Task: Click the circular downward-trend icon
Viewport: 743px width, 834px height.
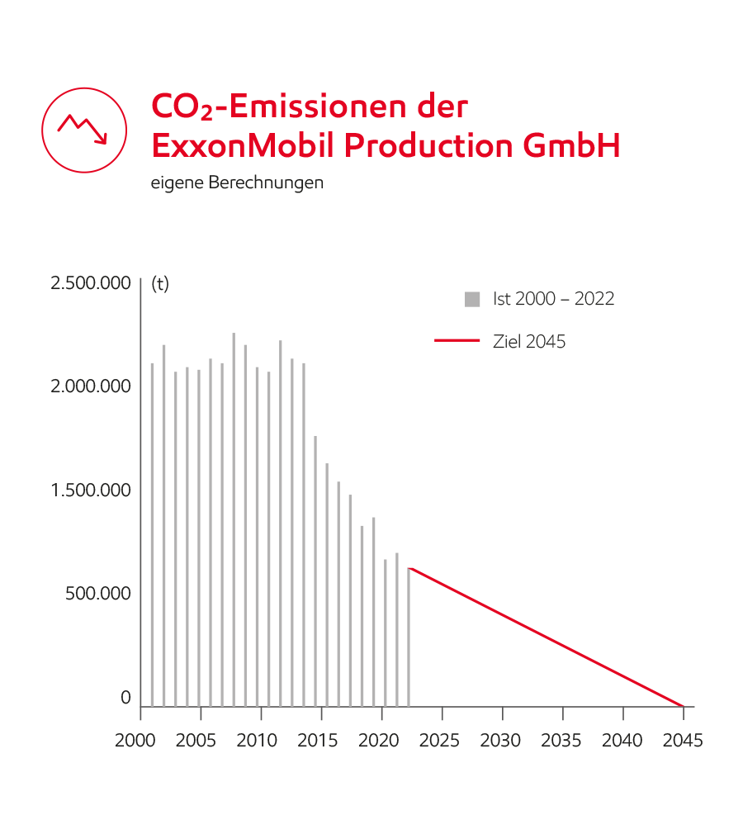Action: click(83, 130)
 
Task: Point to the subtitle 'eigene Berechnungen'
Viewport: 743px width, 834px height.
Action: click(237, 182)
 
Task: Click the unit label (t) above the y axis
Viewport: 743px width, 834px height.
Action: click(160, 283)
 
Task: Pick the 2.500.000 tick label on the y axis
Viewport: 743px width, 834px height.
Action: click(91, 283)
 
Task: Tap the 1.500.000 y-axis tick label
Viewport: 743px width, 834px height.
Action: click(91, 490)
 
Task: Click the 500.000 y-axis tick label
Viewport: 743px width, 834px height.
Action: click(98, 594)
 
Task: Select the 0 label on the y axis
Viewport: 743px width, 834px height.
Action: click(125, 698)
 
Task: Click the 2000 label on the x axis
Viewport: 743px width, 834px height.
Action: click(135, 741)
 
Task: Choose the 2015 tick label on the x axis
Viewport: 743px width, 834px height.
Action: click(318, 741)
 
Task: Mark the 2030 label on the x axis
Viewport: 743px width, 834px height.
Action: click(500, 741)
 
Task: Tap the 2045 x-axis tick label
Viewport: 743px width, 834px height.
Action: click(683, 741)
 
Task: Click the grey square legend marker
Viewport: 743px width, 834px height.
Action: click(472, 300)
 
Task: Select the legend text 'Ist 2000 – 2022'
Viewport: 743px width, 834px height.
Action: click(554, 299)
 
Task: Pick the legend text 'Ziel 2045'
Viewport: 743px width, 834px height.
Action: click(529, 341)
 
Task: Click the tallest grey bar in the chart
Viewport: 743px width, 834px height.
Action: click(234, 520)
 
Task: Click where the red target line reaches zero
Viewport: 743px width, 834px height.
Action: click(683, 706)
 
